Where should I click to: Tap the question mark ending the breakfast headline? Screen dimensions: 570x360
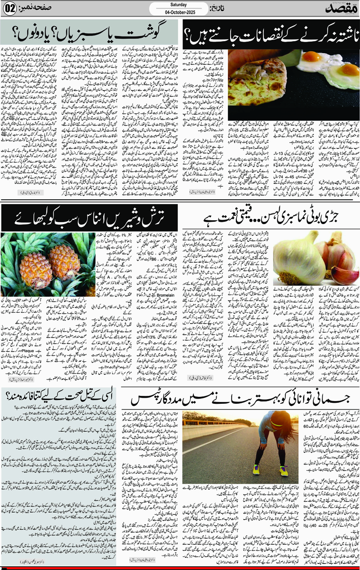pos(188,37)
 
